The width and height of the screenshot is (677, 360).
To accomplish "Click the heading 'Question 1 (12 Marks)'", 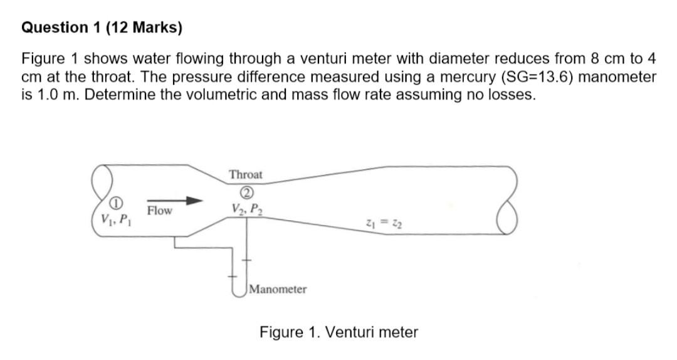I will click(x=102, y=28).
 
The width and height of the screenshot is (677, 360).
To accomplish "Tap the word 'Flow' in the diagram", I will click(x=159, y=211).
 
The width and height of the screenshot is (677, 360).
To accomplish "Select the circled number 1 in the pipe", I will click(x=115, y=203).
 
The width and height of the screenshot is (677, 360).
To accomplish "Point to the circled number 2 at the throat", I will click(x=246, y=191).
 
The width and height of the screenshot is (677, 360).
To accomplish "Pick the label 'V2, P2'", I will click(x=246, y=207).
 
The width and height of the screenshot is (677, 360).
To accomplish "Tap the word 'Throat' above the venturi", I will click(x=246, y=174).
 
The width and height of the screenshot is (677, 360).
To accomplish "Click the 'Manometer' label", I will click(x=278, y=289).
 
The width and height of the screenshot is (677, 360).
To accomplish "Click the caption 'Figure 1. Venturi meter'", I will click(x=338, y=332).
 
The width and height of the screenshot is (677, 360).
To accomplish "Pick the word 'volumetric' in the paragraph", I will click(x=204, y=96).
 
